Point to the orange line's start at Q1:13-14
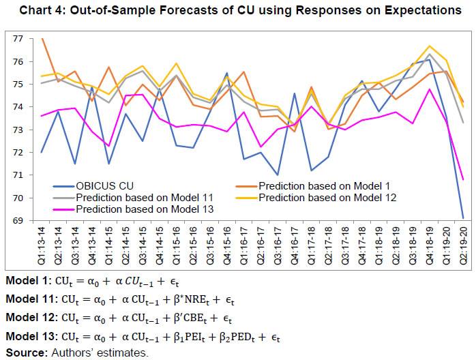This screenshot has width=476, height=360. (x=43, y=39)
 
